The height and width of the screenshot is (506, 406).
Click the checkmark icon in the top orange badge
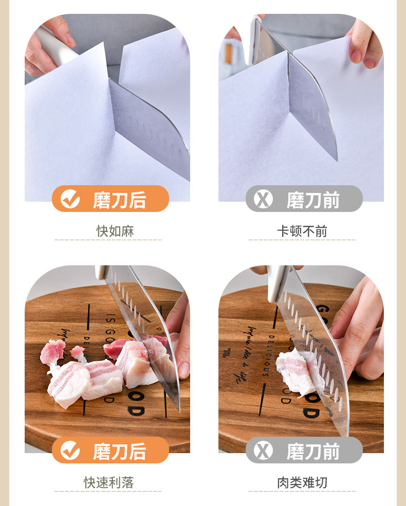tap(70, 199)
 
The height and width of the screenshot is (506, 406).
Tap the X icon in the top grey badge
tap(263, 199)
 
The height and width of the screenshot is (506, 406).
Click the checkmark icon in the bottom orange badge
tap(70, 451)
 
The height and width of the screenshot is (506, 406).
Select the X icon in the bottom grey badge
tap(263, 451)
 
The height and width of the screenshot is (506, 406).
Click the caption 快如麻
tap(115, 231)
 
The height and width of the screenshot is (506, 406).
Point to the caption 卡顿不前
tap(302, 231)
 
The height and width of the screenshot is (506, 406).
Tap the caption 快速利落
tap(109, 482)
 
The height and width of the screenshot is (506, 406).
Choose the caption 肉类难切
tap(302, 482)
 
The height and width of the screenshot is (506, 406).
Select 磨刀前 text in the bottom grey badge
tap(313, 451)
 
